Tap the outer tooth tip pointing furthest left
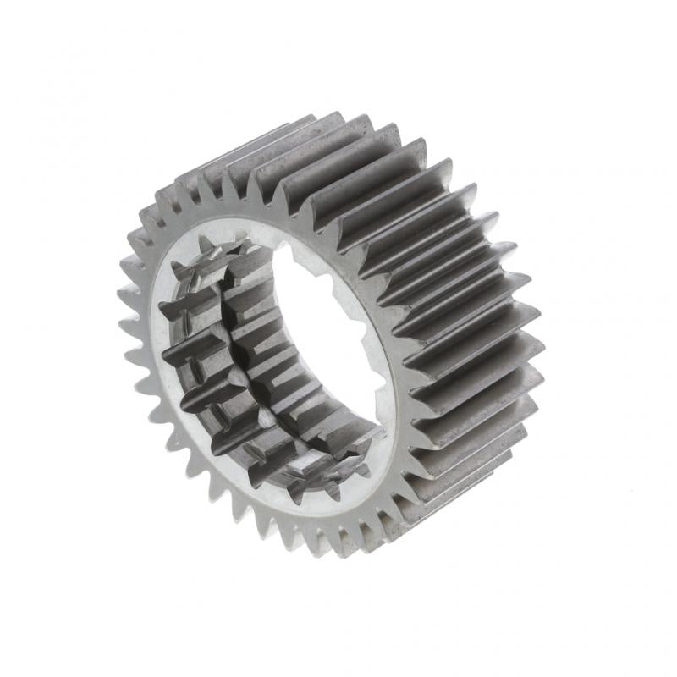pos(123,295)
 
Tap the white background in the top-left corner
pos(34,34)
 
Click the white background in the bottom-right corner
pos(643,643)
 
